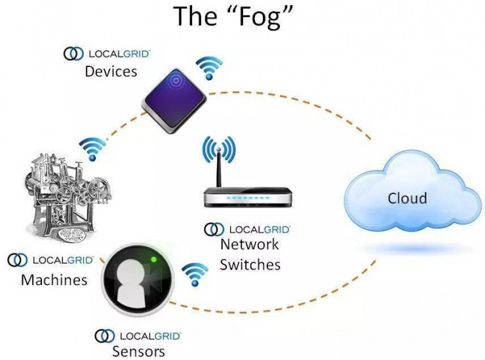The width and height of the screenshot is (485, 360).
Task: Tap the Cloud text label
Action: tap(408, 198)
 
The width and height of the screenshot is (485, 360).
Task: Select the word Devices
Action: tap(111, 71)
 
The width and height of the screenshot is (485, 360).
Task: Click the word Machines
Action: tap(54, 279)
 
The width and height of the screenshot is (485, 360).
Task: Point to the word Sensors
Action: tap(138, 351)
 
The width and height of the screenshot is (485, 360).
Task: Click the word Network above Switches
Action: tap(250, 244)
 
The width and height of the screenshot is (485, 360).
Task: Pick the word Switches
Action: tap(250, 265)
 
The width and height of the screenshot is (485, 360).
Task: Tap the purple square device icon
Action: tap(174, 101)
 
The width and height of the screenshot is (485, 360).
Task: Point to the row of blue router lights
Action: tap(248, 197)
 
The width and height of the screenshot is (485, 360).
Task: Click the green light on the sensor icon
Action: tap(153, 260)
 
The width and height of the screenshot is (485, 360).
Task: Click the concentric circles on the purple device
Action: tap(176, 81)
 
